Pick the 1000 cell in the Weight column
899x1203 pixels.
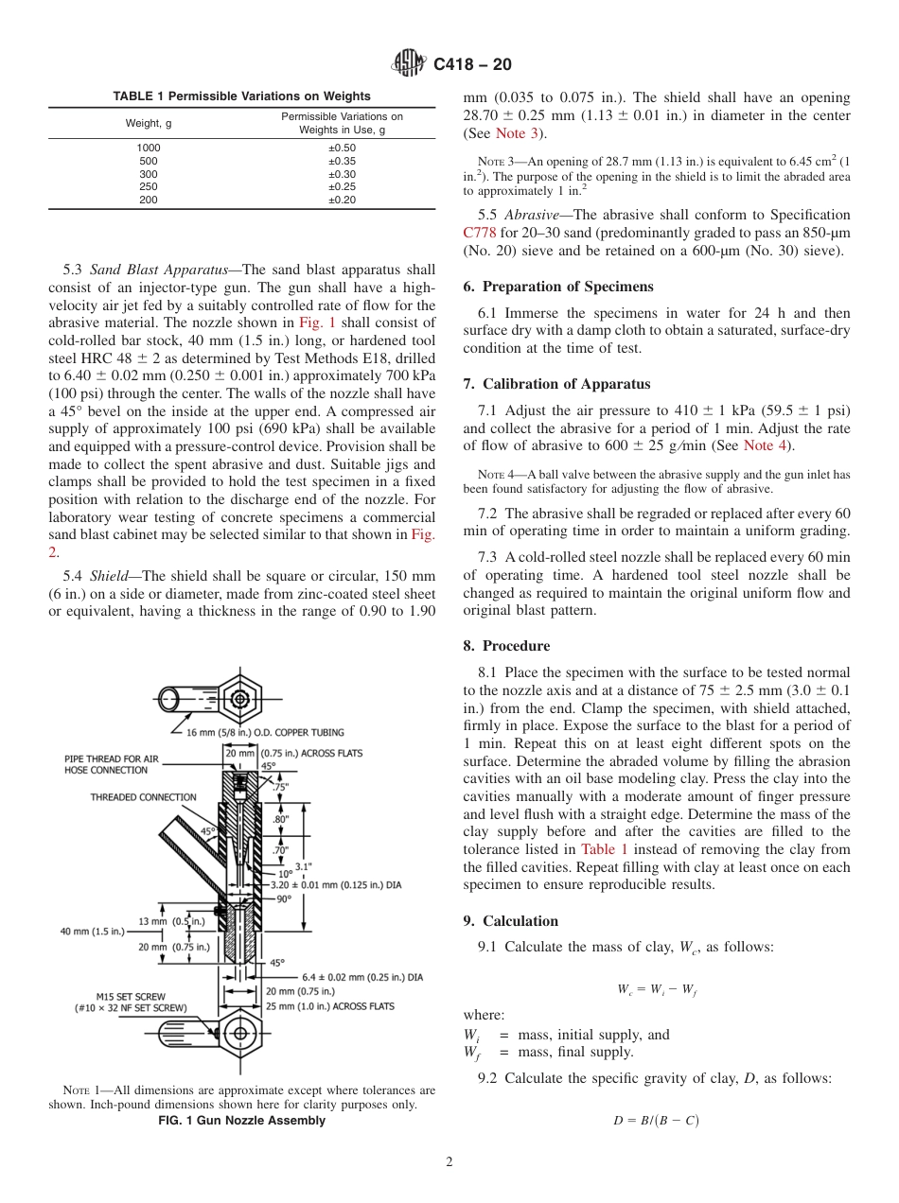[149, 148]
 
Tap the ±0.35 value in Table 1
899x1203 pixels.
[342, 161]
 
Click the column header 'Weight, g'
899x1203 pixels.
[149, 123]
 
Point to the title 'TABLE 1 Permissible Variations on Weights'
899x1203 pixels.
[242, 96]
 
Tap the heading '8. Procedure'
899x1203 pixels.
[506, 646]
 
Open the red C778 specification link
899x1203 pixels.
[480, 233]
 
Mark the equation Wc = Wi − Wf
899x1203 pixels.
[657, 989]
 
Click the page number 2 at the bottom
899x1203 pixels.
[449, 1162]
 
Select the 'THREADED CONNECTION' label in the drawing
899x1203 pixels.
[143, 797]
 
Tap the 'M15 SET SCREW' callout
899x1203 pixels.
[131, 996]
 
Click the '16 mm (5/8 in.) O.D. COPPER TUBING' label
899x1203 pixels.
[265, 732]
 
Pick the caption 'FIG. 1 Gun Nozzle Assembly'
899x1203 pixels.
[241, 1121]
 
